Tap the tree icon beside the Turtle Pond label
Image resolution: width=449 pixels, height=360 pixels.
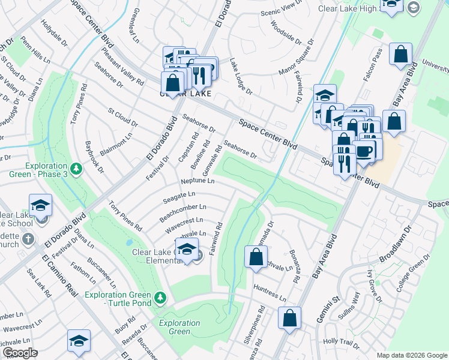pyautogui.click(x=160, y=297)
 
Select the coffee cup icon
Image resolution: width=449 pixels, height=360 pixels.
pyautogui.click(x=364, y=151)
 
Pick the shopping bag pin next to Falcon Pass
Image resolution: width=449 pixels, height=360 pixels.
pyautogui.click(x=400, y=55)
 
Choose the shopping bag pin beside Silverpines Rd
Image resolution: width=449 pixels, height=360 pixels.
pyautogui.click(x=289, y=320)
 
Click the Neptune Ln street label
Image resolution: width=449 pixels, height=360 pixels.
pyautogui.click(x=197, y=181)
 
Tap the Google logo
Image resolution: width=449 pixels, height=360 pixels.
pyautogui.click(x=20, y=353)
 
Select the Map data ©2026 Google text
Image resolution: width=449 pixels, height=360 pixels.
pyautogui.click(x=411, y=355)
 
